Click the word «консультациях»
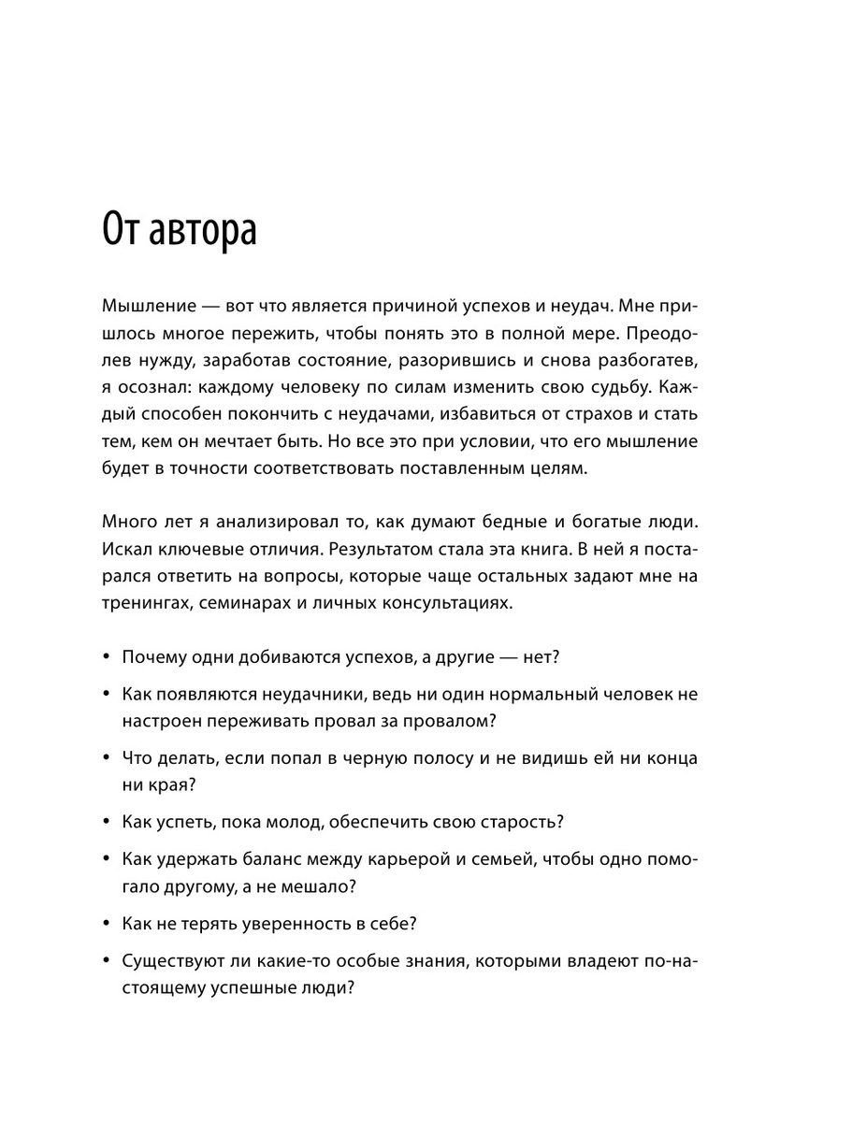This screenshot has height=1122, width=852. (x=442, y=603)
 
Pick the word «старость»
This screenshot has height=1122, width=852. (x=516, y=822)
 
